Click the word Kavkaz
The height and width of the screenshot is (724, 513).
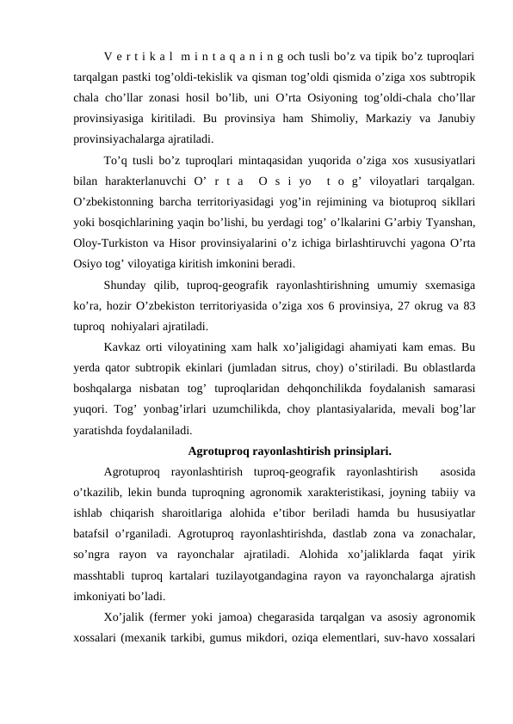125,346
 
